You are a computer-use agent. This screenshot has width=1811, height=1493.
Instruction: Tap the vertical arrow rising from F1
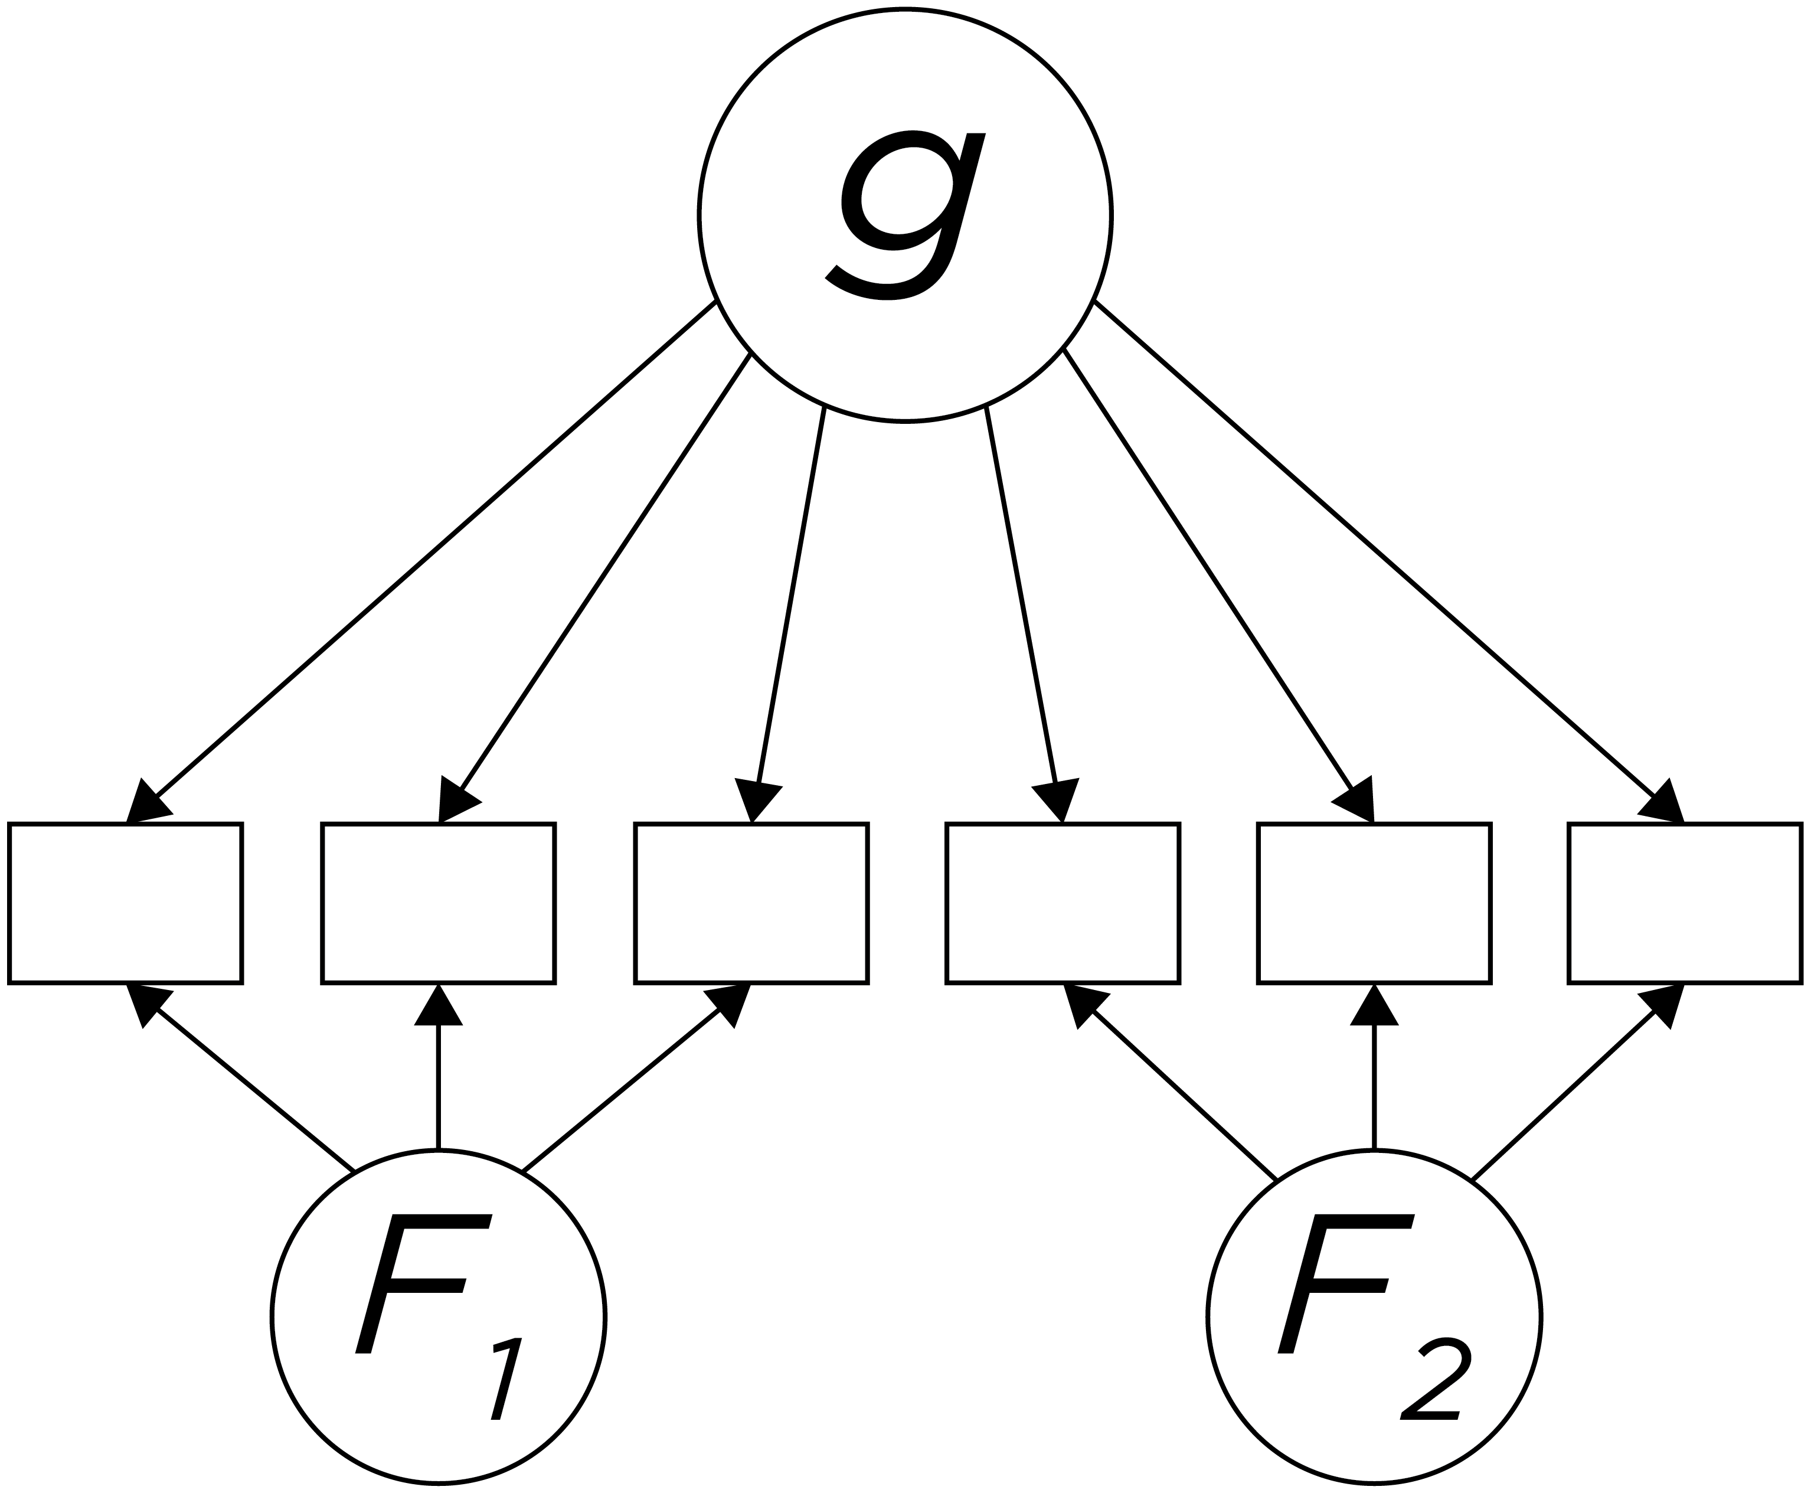[439, 1084]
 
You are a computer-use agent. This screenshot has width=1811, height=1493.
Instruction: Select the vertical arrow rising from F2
[1374, 1084]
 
